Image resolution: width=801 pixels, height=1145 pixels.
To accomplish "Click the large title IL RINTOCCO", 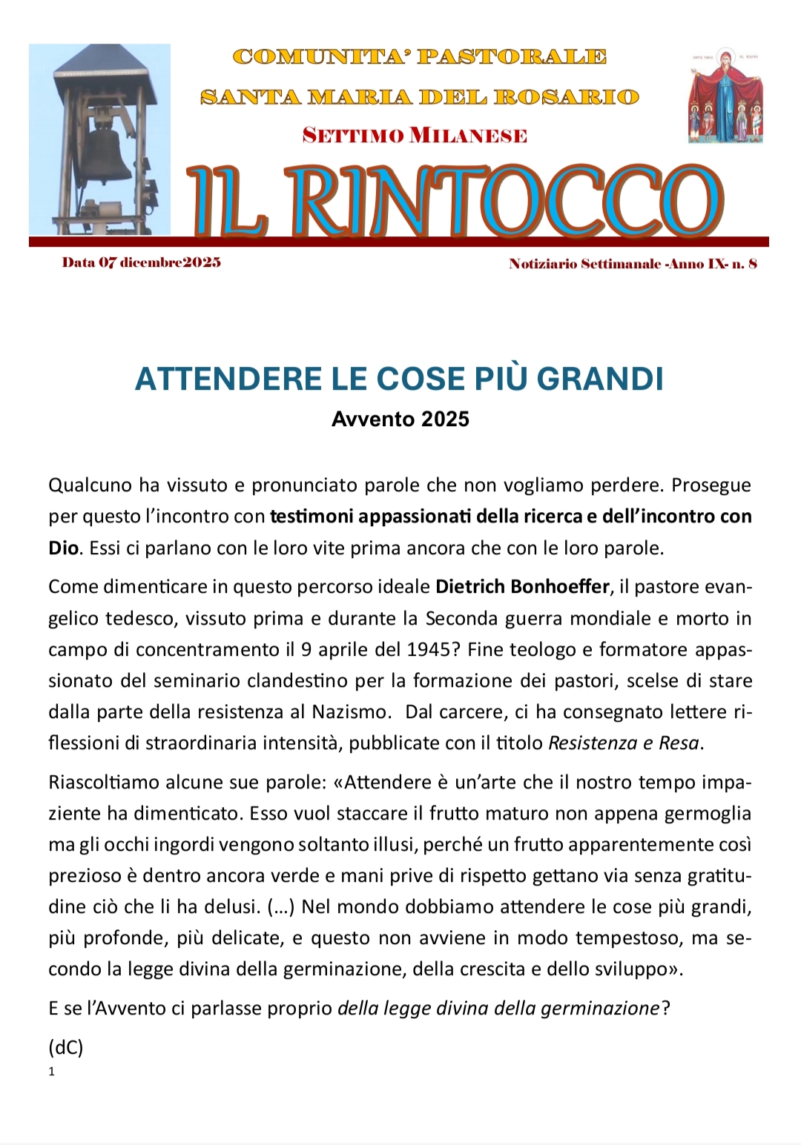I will tap(454, 201).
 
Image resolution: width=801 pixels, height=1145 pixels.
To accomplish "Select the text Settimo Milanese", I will tap(415, 136).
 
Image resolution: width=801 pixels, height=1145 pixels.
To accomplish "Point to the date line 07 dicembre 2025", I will tap(142, 262).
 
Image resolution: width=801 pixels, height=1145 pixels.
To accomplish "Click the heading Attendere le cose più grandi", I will tap(399, 379).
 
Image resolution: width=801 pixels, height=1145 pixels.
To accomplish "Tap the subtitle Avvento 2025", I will tap(400, 419).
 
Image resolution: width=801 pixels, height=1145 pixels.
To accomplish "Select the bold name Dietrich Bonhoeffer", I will tap(522, 587).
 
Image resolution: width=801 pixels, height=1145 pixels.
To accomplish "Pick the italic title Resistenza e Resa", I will tap(623, 743).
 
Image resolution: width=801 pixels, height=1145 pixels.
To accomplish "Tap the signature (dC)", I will tap(66, 1047).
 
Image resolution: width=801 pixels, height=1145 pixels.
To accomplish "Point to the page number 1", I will tap(52, 1072).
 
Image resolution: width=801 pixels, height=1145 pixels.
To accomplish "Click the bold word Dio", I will tap(63, 548).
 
